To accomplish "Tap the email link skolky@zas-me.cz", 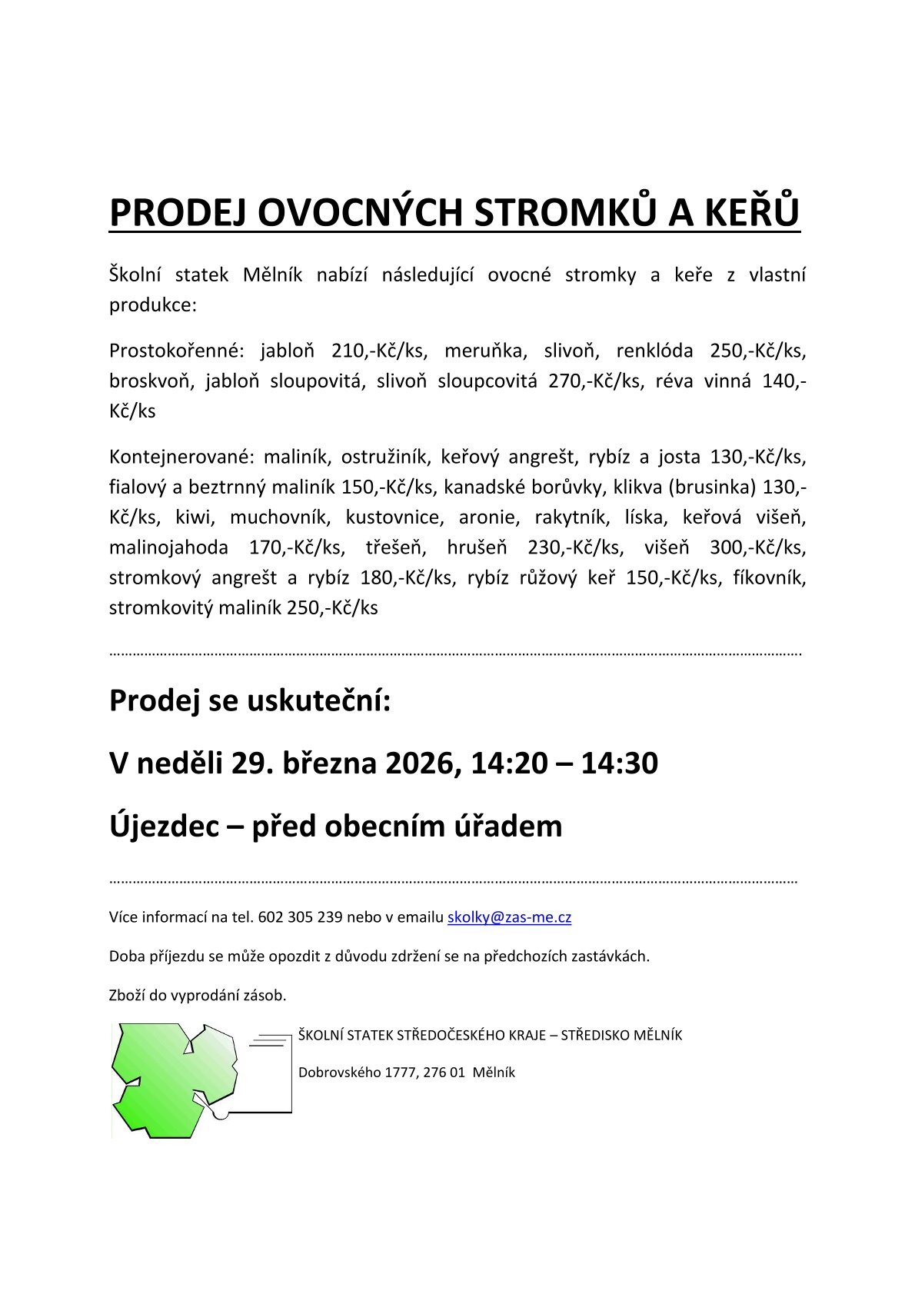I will (x=509, y=916).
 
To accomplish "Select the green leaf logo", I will (x=175, y=1080).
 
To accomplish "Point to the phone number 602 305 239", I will (x=300, y=916).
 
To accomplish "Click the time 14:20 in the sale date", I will (x=510, y=763).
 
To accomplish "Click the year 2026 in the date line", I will (x=418, y=763).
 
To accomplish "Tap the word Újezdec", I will (x=163, y=827).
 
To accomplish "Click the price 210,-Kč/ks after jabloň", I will (x=378, y=351).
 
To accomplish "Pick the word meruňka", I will (x=485, y=351).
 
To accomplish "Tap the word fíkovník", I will (x=770, y=577).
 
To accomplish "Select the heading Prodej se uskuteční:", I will (x=250, y=700).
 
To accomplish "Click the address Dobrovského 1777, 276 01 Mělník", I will (x=406, y=1072).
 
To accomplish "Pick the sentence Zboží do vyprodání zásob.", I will (x=198, y=995).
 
